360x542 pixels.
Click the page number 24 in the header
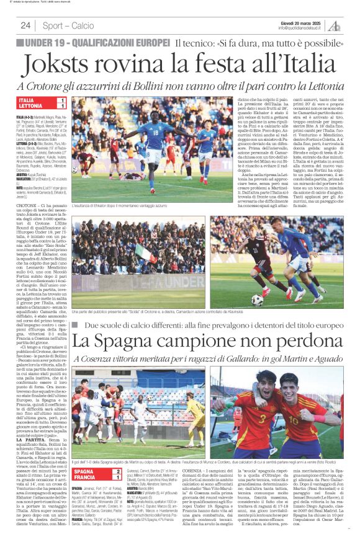click(x=25, y=25)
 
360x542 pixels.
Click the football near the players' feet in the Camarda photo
click(x=257, y=300)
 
